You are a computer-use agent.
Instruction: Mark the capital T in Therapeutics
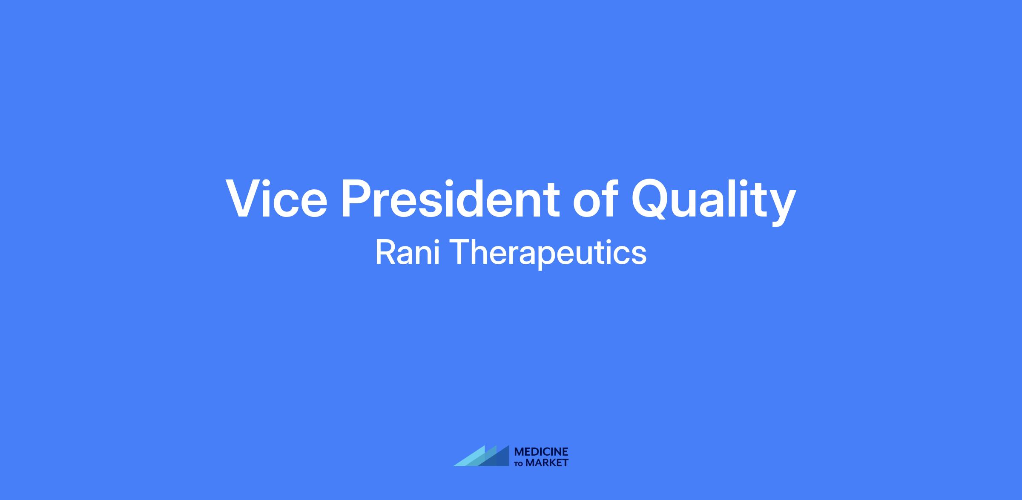point(460,252)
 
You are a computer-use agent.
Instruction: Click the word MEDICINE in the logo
point(541,452)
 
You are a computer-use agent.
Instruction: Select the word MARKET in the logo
point(547,463)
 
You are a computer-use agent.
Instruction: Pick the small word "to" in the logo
point(519,464)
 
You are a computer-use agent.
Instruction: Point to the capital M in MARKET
point(531,463)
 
